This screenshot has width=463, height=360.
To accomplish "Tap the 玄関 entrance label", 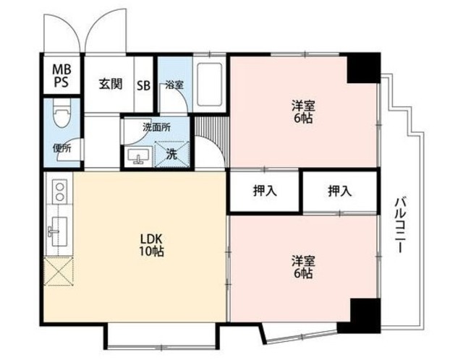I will pos(111,83).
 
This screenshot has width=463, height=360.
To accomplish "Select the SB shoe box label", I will pos(144,84).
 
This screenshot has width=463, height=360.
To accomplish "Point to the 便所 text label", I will pos(61,149).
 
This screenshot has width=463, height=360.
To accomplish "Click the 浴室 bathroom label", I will pos(174,84).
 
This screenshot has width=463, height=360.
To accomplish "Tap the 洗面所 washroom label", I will pos(156,127).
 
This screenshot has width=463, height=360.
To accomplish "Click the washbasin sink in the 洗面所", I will pos(138,155).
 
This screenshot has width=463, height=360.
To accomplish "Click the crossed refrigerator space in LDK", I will pos(58,274).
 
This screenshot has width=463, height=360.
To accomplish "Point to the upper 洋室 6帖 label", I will pos(302,112).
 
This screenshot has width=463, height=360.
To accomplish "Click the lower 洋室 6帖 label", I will pos(302,267).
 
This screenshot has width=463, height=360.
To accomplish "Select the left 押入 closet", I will pos(264,192).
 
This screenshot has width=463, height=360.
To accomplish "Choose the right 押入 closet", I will pos(339,192).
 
